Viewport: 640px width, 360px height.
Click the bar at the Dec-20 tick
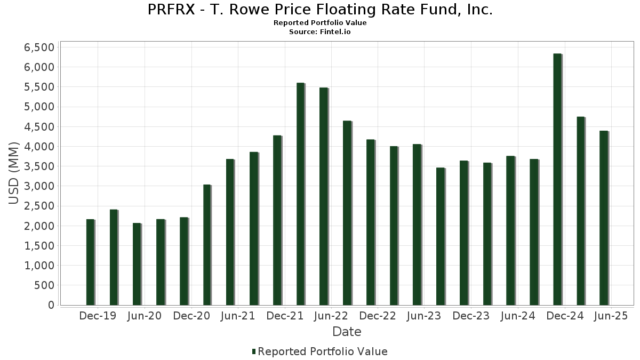[x=183, y=261]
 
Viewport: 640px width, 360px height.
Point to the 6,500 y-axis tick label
[x=39, y=47]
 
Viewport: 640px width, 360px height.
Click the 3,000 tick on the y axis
[x=39, y=186]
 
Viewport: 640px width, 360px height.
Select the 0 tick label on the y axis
[x=51, y=305]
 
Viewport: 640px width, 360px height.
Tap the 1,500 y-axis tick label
[x=39, y=246]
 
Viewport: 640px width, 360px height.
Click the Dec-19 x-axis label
[x=98, y=316]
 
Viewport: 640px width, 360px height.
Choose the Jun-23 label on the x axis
[x=424, y=316]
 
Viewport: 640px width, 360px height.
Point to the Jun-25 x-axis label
[x=611, y=316]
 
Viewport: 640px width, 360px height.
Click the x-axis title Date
[x=347, y=332]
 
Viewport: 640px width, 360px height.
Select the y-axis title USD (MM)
[x=14, y=173]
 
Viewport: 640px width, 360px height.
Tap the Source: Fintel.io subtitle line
[x=320, y=32]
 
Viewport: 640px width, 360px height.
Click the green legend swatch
[x=254, y=351]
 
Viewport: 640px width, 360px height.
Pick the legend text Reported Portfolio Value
[x=323, y=351]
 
